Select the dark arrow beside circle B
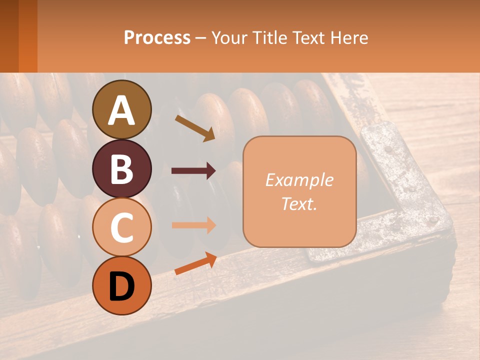tap(193, 171)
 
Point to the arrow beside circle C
tap(193, 225)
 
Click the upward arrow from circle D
tap(195, 264)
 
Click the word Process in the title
tap(157, 37)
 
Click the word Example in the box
tap(299, 180)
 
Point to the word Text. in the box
tap(299, 203)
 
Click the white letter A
tap(121, 111)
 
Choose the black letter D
tap(121, 286)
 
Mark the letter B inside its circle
tap(121, 169)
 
